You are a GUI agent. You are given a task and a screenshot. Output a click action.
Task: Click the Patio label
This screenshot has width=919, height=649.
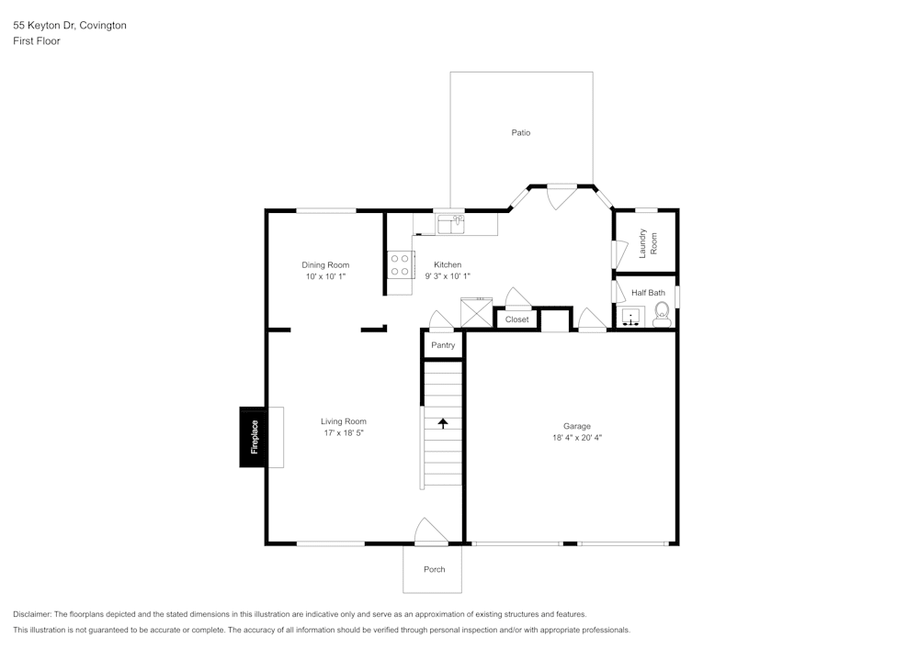(x=521, y=133)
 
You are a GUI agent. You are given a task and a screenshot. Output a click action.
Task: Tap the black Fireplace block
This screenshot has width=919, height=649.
(x=254, y=437)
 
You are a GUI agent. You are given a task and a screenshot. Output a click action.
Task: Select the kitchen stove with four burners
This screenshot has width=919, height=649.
(x=401, y=265)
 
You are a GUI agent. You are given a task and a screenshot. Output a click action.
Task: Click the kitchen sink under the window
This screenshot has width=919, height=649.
(x=451, y=223)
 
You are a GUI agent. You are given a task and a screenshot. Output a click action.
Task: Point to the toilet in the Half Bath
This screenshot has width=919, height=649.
(x=661, y=317)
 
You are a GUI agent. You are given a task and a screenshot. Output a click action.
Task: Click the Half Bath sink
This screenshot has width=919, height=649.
(x=631, y=318)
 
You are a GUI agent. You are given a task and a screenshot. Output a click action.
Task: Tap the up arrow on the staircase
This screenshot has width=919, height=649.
(x=443, y=423)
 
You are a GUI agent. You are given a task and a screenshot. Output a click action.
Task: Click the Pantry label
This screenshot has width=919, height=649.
(x=443, y=345)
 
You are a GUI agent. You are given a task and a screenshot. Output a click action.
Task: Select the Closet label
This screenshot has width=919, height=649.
(x=517, y=319)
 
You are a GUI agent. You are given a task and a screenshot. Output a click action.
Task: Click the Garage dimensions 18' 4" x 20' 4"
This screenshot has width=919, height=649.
(x=577, y=438)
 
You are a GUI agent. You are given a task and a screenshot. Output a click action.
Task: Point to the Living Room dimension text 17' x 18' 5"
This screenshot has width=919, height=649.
(x=343, y=433)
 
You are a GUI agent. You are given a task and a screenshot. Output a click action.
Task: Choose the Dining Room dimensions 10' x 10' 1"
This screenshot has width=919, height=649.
(x=325, y=276)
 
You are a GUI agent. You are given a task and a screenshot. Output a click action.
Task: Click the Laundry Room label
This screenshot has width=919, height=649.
(x=648, y=241)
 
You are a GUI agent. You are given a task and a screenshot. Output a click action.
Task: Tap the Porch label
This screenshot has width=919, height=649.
(x=434, y=569)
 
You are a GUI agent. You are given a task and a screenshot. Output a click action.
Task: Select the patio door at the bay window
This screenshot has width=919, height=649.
(x=562, y=196)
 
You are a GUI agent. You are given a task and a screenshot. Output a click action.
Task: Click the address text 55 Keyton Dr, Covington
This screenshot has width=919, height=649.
(x=70, y=26)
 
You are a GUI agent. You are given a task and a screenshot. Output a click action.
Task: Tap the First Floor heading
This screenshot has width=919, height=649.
(x=37, y=41)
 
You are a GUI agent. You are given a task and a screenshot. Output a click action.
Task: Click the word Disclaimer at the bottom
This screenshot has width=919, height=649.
(x=32, y=614)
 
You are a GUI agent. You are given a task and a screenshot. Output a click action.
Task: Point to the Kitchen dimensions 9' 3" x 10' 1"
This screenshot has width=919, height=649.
(x=448, y=276)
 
